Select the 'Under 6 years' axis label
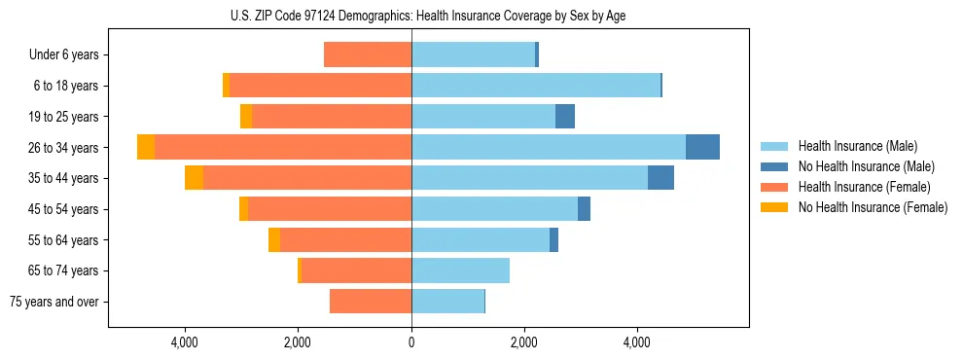64,55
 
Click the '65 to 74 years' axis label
65,270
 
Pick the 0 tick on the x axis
411,342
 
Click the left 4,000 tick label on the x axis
185,342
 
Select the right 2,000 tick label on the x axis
524,342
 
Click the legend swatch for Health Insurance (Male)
774,147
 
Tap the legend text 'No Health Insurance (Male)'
866,167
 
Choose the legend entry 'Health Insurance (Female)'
864,187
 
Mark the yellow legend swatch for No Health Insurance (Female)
774,207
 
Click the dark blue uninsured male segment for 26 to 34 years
702,147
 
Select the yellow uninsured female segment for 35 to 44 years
194,178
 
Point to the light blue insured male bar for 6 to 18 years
535,86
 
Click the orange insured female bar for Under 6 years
368,54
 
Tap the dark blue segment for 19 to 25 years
564,117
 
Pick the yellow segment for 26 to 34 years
146,147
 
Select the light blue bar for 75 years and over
447,302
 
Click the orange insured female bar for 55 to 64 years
345,240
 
